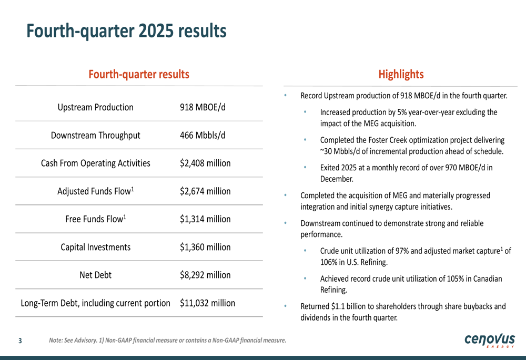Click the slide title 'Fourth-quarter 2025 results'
(126, 31)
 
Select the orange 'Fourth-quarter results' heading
(138, 74)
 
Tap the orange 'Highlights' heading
(401, 74)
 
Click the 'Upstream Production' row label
(95, 107)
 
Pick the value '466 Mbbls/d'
(203, 135)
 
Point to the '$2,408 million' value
(205, 163)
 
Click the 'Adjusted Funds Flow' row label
(95, 191)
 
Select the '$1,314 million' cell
(205, 219)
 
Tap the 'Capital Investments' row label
(95, 247)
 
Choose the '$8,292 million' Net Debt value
(205, 275)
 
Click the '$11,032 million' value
(207, 303)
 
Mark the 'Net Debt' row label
(95, 275)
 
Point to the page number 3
(20, 341)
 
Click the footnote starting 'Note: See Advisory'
(167, 341)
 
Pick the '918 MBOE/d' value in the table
(203, 107)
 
